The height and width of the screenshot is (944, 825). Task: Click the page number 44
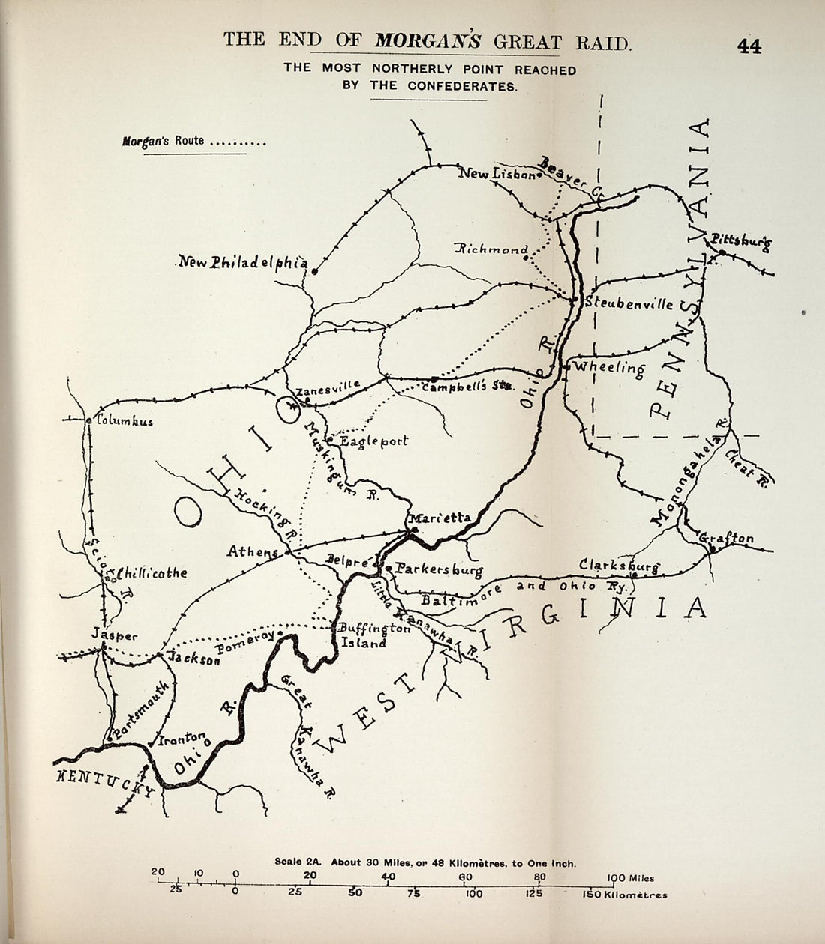748,46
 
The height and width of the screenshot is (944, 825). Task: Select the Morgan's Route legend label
163,140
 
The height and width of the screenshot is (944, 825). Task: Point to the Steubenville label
628,303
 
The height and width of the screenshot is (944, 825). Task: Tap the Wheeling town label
609,367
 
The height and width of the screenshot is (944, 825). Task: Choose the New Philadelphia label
243,262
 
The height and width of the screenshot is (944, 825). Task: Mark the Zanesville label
328,388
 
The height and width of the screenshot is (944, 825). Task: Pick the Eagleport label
373,441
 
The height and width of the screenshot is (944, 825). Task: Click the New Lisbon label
496,174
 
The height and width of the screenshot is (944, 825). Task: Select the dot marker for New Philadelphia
316,273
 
